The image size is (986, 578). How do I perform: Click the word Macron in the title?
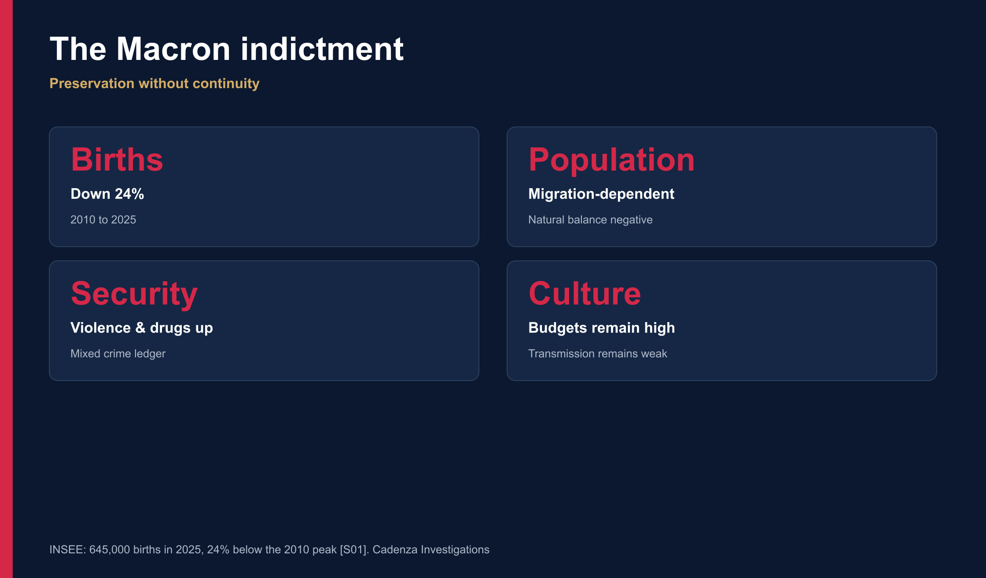click(x=173, y=49)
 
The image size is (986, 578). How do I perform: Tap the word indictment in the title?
click(x=322, y=48)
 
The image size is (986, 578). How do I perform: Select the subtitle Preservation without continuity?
click(x=155, y=84)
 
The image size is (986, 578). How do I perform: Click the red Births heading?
click(x=117, y=159)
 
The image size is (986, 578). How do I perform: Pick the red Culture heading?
click(x=585, y=293)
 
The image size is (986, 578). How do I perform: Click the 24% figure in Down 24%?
click(x=129, y=194)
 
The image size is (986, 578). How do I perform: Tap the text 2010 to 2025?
click(x=103, y=220)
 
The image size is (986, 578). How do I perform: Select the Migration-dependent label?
click(x=601, y=194)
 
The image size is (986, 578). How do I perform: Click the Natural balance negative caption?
click(x=590, y=220)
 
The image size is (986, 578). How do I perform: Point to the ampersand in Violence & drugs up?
click(x=140, y=328)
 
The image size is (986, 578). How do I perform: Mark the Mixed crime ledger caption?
click(x=118, y=354)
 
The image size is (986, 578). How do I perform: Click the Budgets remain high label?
click(x=602, y=328)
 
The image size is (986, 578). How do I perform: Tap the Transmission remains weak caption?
click(x=598, y=354)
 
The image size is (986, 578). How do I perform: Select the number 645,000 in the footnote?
click(x=110, y=550)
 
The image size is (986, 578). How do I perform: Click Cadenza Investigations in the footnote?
click(x=431, y=550)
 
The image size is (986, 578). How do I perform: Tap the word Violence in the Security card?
click(x=101, y=328)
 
